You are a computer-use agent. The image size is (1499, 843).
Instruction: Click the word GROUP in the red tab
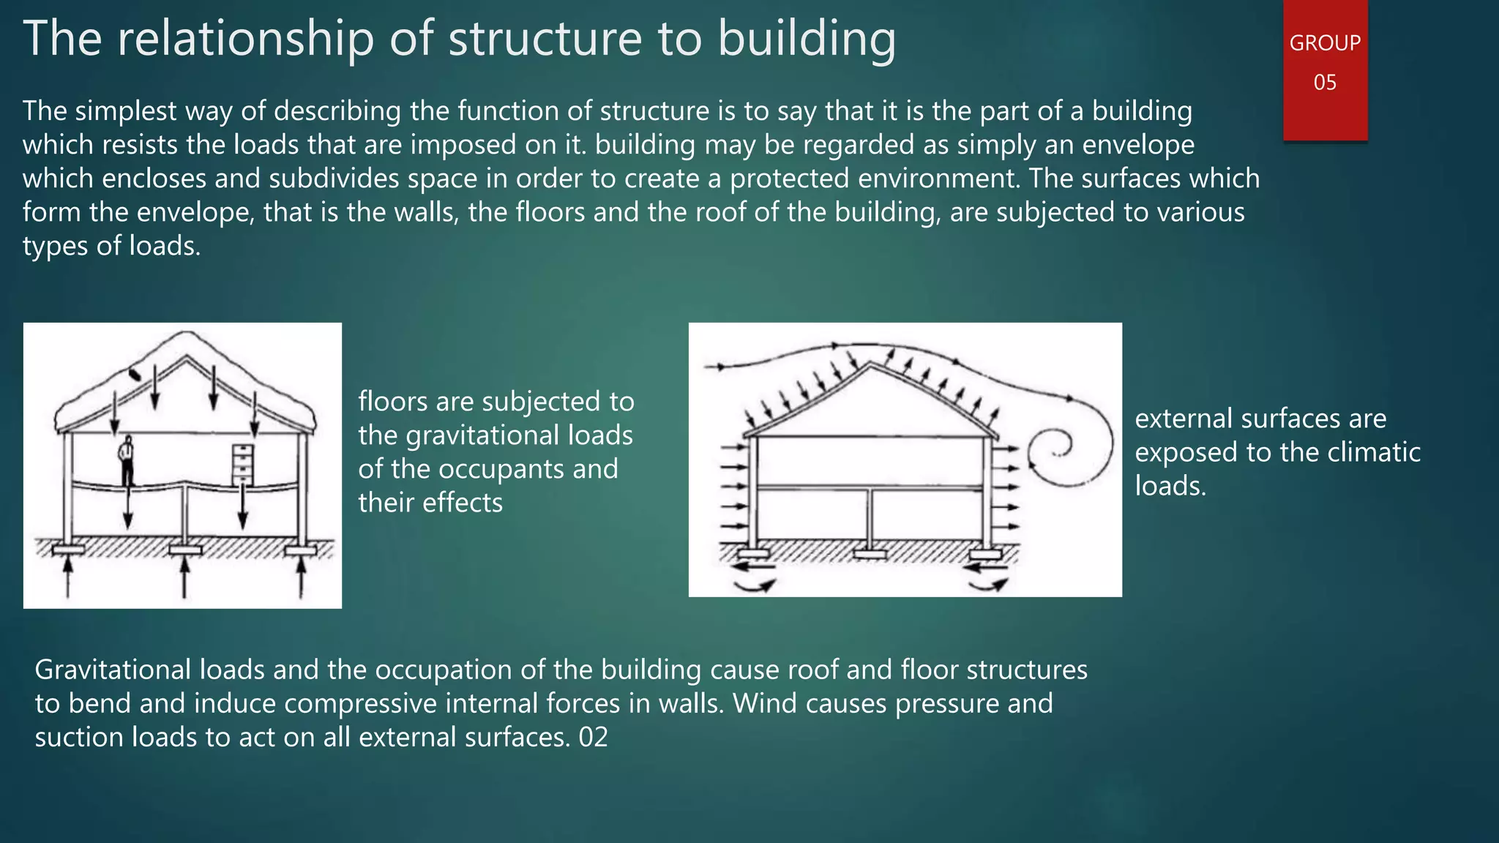tap(1325, 43)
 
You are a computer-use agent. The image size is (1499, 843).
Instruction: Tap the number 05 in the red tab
tap(1325, 82)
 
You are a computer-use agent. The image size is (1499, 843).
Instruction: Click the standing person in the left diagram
tap(127, 460)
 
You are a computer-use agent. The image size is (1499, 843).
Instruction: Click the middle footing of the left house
tap(184, 549)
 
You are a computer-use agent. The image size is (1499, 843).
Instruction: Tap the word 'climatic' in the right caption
tap(1374, 452)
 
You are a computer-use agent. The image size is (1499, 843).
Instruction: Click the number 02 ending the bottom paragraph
tap(593, 737)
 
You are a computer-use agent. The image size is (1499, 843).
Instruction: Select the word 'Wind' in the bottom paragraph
tap(763, 703)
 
